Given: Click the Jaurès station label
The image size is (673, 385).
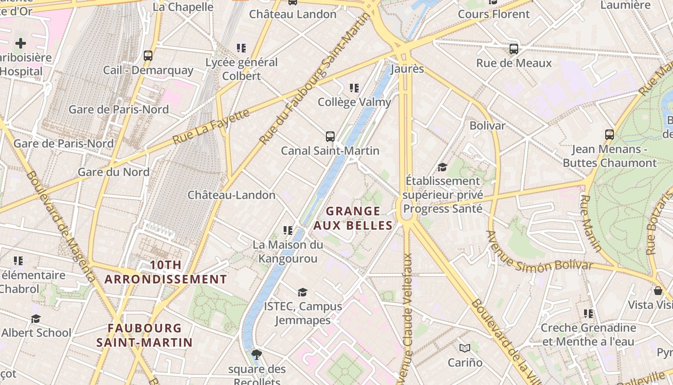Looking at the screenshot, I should pyautogui.click(x=407, y=69).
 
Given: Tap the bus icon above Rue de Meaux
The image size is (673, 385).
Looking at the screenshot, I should pyautogui.click(x=514, y=49).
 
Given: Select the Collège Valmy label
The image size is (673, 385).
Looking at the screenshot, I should pyautogui.click(x=354, y=102).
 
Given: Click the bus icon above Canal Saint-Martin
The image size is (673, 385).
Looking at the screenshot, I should pyautogui.click(x=330, y=136).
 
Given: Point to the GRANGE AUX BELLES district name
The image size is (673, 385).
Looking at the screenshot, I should pyautogui.click(x=353, y=218).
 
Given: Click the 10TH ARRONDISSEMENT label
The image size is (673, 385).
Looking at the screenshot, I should pyautogui.click(x=165, y=272).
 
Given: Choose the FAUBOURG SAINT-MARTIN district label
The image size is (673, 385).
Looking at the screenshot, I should pyautogui.click(x=144, y=335).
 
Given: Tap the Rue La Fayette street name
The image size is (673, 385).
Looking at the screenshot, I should pyautogui.click(x=211, y=126).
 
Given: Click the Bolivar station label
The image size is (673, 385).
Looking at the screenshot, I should pyautogui.click(x=487, y=126).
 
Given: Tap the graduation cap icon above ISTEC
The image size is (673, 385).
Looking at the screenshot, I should pyautogui.click(x=302, y=292).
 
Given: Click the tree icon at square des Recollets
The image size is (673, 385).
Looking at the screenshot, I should pyautogui.click(x=257, y=355).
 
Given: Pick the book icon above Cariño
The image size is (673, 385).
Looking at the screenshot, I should pyautogui.click(x=464, y=347).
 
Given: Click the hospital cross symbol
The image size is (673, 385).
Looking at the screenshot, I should pyautogui.click(x=20, y=43).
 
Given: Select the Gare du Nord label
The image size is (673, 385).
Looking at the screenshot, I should pyautogui.click(x=113, y=172).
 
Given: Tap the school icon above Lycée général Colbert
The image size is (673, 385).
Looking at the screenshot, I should pyautogui.click(x=241, y=48).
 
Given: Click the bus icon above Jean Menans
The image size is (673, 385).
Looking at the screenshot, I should pyautogui.click(x=610, y=134).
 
